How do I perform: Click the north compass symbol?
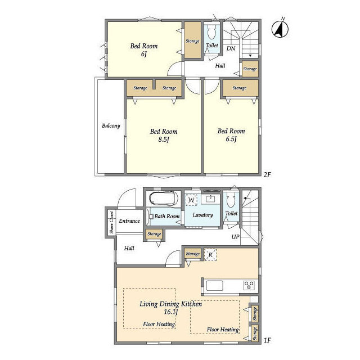pos(280,29)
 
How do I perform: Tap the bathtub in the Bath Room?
pos(164,198)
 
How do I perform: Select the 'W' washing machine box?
pos(191,200)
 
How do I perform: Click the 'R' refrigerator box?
pos(210,255)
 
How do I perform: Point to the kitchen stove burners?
pos(249,285)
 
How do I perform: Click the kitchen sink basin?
pos(215,286)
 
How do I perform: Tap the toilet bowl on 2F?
pos(211,32)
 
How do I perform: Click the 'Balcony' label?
pos(111,126)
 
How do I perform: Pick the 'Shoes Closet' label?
pos(111,223)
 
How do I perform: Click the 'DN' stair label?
pos(231,48)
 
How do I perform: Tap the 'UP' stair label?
pos(236,237)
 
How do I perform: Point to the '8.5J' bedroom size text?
pos(164,139)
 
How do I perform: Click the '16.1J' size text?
pos(171,312)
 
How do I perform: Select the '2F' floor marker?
pos(267,175)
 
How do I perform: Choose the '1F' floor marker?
pos(267,340)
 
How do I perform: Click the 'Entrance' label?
pos(129,221)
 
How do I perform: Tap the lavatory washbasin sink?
pos(210,199)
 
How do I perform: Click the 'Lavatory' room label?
pos(202,215)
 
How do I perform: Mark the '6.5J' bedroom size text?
pos(231,139)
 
